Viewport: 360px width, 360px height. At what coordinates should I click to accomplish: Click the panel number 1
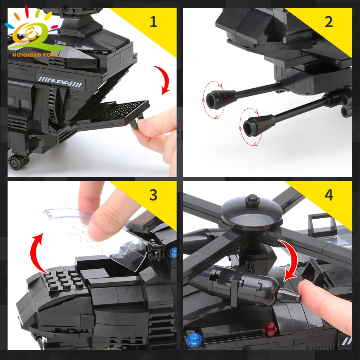(153, 22)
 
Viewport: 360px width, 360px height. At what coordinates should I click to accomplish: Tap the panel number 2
(329, 22)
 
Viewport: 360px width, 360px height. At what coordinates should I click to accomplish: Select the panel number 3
(153, 195)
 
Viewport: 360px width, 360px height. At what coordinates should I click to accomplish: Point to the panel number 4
(329, 195)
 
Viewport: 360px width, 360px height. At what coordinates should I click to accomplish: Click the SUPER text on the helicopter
(59, 81)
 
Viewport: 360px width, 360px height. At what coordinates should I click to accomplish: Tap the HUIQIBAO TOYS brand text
(35, 55)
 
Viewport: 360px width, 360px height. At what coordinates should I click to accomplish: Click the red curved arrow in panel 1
(163, 79)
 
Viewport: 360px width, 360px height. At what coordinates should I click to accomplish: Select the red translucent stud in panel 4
(270, 329)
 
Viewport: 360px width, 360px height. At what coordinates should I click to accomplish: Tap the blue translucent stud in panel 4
(194, 339)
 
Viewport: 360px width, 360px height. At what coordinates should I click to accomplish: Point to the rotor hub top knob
(252, 200)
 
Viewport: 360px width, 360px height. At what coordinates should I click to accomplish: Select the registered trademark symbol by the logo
(66, 9)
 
